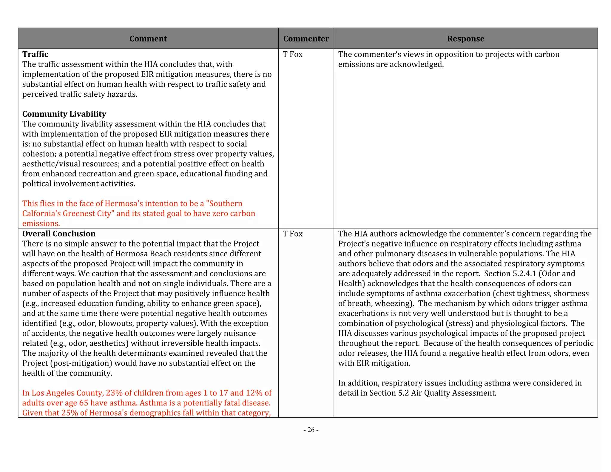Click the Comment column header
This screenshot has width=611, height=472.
pyautogui.click(x=148, y=39)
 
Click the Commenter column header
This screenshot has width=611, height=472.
pyautogui.click(x=306, y=39)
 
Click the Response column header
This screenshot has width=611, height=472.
pyautogui.click(x=465, y=39)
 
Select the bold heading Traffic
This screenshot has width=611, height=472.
pyautogui.click(x=35, y=54)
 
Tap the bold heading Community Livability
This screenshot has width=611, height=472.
pyautogui.click(x=64, y=114)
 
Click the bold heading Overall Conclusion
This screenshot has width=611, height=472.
pyautogui.click(x=59, y=234)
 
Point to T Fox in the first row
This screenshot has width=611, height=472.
pyautogui.click(x=292, y=54)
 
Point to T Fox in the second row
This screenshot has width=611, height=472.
pyautogui.click(x=292, y=234)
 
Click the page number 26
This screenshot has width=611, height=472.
pyautogui.click(x=311, y=430)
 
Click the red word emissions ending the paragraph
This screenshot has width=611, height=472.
pyautogui.click(x=41, y=223)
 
